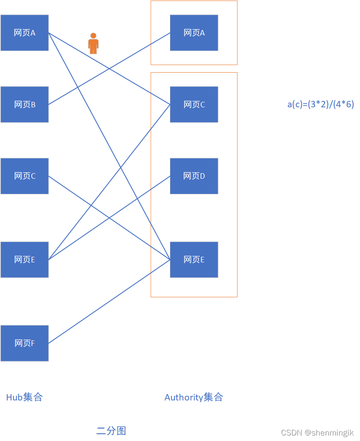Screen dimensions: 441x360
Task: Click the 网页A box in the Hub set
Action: pos(25,33)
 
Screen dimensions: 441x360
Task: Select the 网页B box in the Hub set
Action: pos(25,104)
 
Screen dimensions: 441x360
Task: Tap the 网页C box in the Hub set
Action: pos(25,176)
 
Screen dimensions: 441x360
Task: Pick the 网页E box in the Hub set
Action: pos(25,260)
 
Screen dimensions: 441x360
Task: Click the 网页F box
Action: pos(25,343)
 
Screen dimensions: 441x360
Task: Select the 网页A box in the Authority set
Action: pos(194,33)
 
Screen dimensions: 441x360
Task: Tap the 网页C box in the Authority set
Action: pos(194,104)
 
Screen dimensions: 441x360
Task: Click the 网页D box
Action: pos(194,176)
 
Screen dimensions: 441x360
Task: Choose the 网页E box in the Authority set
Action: pos(194,260)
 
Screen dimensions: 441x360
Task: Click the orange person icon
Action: pos(93,44)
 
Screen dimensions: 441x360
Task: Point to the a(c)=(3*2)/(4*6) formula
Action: pos(321,104)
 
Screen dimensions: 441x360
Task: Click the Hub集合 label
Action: pos(25,397)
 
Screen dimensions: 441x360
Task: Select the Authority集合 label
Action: pos(194,397)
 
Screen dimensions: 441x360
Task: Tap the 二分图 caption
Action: pos(111,431)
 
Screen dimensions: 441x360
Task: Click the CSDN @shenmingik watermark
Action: pos(317,433)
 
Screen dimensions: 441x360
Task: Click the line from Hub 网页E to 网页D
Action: pos(139,197)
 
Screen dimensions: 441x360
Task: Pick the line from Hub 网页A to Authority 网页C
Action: pos(139,86)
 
